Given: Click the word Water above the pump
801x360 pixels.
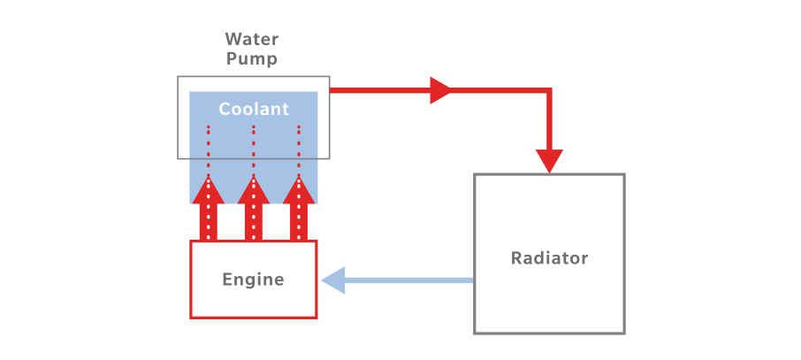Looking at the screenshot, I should pos(252,40).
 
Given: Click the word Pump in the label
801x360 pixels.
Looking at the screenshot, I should pos(252,59).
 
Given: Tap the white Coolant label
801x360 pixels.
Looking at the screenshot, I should pos(254,110).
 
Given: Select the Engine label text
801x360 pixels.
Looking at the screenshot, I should pos(254,280).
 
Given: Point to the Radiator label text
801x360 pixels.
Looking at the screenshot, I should pos(549,258).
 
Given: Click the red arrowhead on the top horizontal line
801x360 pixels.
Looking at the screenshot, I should pos(441,89).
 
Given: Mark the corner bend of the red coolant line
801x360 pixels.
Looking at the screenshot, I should pos(549,90).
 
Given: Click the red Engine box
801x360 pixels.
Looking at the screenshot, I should pos(254,305).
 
